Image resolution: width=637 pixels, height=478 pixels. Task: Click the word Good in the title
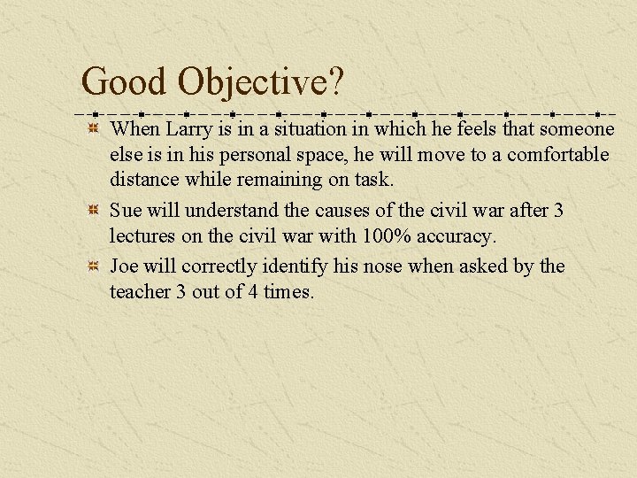pos(124,82)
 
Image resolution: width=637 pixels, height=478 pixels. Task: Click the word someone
pos(576,129)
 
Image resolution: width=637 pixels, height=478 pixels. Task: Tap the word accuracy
pos(457,237)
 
